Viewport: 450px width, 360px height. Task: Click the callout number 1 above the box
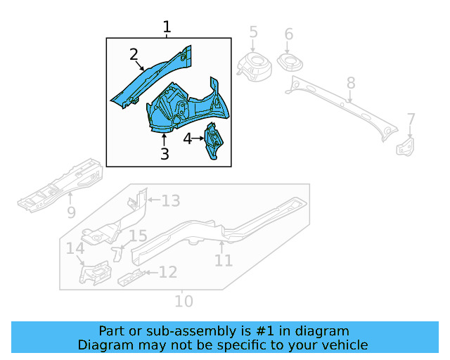point(167,27)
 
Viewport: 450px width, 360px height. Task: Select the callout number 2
point(134,55)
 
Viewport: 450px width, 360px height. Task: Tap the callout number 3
point(165,153)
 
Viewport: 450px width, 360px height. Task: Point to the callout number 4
point(188,139)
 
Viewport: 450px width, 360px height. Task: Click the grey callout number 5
point(253,32)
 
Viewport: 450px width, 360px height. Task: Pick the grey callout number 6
point(288,34)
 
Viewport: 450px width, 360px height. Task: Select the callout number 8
point(351,84)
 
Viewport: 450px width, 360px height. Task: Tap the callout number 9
point(71,212)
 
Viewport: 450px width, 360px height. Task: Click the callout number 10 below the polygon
point(183,301)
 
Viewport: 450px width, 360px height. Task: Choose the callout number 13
point(171,201)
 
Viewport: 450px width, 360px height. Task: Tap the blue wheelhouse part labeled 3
point(186,108)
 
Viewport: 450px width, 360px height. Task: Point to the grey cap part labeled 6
point(290,62)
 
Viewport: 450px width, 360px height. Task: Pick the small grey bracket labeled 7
point(406,147)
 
